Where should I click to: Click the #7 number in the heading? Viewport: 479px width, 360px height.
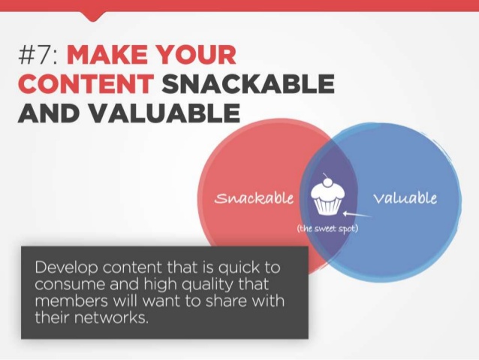coord(38,55)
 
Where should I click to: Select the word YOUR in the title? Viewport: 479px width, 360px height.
coord(197,55)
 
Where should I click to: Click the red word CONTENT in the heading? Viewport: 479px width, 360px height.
coord(86,84)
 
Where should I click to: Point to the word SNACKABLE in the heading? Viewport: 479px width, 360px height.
coord(248,84)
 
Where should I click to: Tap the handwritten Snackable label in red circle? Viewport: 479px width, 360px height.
coord(254,198)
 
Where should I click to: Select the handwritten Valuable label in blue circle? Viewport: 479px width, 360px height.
coord(405,198)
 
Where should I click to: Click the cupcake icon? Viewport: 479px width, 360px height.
coord(328,195)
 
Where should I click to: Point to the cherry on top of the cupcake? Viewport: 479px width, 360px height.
coord(328,182)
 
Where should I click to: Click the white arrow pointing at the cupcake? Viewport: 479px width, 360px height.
coord(357,214)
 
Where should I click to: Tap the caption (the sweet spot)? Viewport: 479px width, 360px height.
coord(327,228)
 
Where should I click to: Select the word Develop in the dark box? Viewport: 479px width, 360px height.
coord(66,268)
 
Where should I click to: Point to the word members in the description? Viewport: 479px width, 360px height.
coord(71,301)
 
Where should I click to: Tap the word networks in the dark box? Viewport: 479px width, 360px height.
coord(111,318)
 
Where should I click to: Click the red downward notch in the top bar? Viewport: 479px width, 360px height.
coord(94,17)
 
